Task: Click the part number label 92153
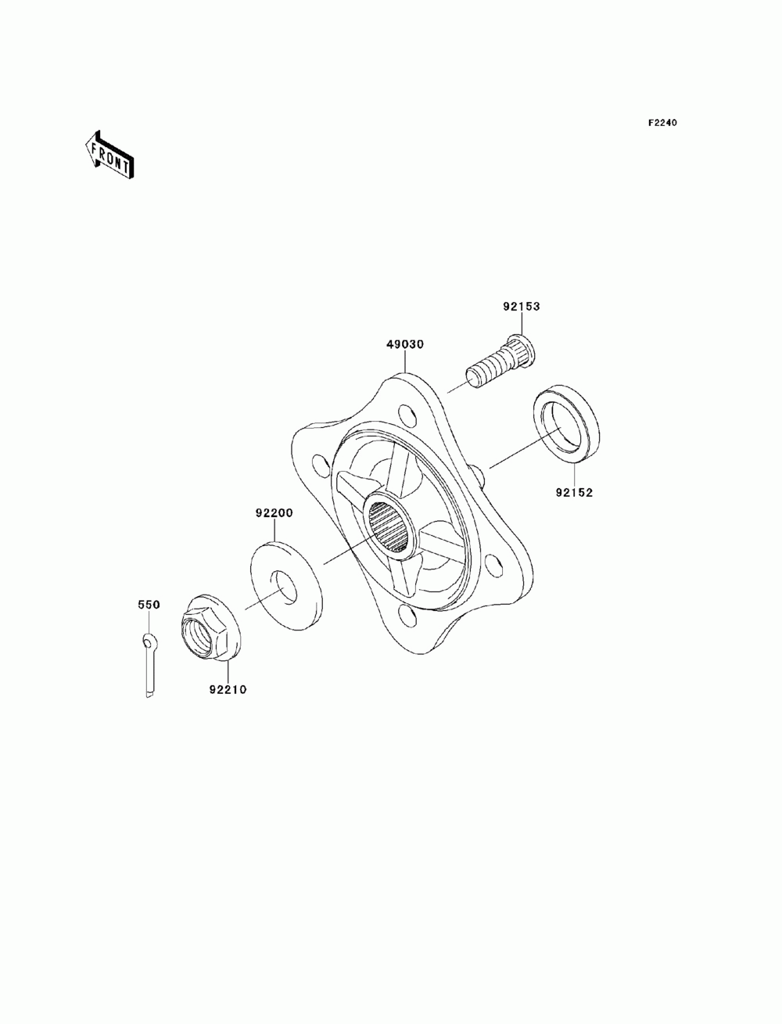click(x=521, y=307)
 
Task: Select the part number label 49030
click(x=404, y=344)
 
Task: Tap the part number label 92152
click(x=575, y=493)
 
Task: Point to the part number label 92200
click(x=274, y=513)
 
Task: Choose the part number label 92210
click(x=228, y=690)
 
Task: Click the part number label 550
click(x=149, y=605)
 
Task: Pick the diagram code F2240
click(x=662, y=123)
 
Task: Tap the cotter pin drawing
click(x=150, y=665)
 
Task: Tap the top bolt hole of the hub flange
click(x=405, y=411)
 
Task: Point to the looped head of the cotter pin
click(x=149, y=642)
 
